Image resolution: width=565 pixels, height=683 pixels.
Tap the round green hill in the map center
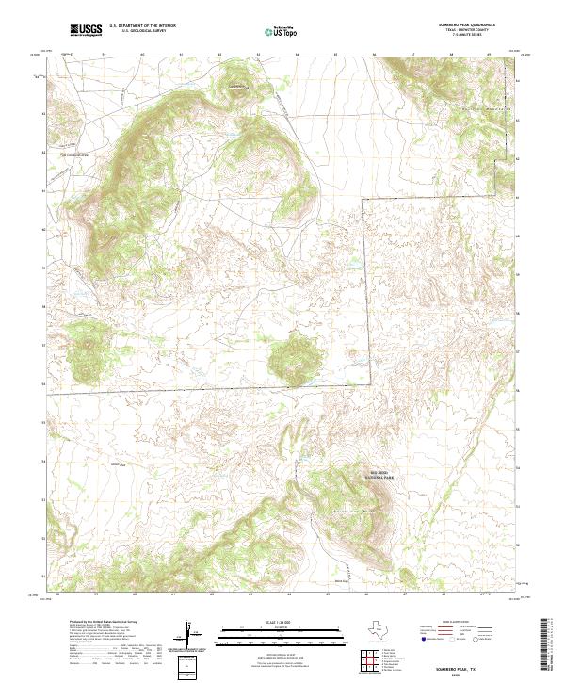(x=292, y=358)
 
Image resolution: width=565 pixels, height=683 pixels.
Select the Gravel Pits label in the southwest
(x=118, y=464)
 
